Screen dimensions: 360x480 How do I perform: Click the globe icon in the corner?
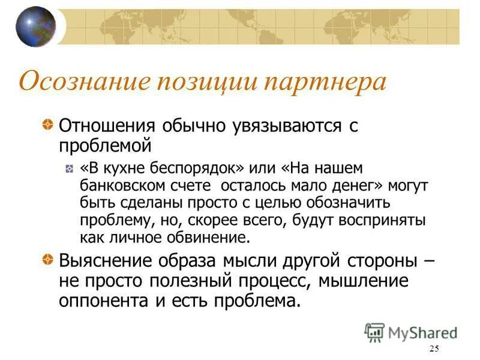[x=35, y=26]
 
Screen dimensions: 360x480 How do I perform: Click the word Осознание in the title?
[x=82, y=82]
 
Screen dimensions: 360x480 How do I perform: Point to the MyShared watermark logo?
[x=410, y=332]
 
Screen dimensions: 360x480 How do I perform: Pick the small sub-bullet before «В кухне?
[x=70, y=169]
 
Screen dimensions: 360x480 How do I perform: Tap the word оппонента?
[x=106, y=300]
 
